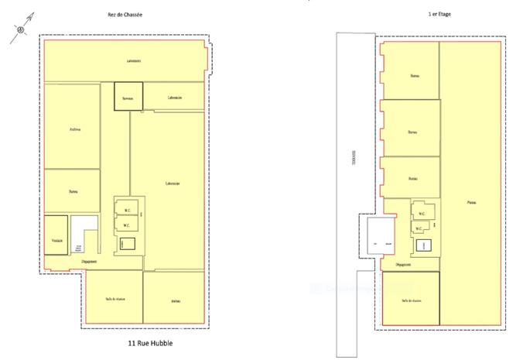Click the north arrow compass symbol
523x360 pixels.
tap(22, 29)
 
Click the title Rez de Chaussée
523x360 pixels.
tap(125, 15)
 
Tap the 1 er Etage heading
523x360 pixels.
tap(439, 15)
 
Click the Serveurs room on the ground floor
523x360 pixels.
tap(128, 97)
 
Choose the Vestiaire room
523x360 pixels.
tap(56, 241)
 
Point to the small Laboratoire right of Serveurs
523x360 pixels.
tap(174, 97)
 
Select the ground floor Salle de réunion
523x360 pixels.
tap(112, 298)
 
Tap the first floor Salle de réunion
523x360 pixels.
tap(410, 300)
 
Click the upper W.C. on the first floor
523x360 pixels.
tap(421, 214)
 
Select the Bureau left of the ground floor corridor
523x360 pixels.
tap(72, 190)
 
